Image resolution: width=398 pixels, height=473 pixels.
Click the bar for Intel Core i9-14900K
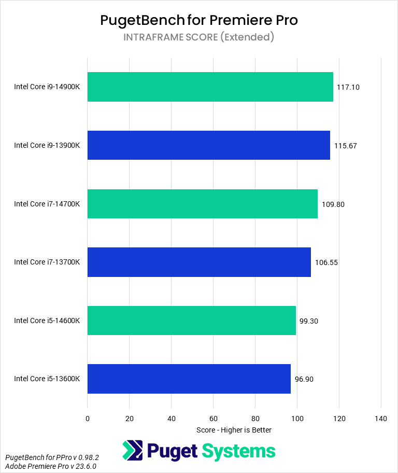210,87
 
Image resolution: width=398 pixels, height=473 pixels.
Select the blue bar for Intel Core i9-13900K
208,145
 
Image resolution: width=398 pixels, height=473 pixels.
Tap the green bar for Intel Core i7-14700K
202,204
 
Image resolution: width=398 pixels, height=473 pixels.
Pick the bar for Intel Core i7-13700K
199,262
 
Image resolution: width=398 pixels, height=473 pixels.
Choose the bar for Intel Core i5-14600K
191,321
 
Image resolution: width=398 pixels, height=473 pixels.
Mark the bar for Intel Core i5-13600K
189,379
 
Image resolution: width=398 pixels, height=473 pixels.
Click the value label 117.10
348,87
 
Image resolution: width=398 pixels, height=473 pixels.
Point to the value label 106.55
326,262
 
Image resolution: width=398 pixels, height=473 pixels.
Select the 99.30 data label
309,321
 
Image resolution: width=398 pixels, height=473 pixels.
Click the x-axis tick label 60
213,418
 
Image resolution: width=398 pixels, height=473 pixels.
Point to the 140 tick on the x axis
381,418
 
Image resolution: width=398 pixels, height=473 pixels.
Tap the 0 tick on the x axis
88,418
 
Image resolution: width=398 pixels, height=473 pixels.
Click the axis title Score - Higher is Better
234,430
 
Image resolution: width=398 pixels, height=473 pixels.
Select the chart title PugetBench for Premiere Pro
199,20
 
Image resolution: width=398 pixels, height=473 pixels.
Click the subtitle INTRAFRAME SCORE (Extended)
199,37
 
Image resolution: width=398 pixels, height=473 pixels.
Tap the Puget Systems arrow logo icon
133,451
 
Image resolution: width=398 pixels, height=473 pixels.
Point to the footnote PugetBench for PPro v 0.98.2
52,458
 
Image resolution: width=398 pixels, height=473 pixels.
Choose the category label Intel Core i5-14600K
47,321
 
